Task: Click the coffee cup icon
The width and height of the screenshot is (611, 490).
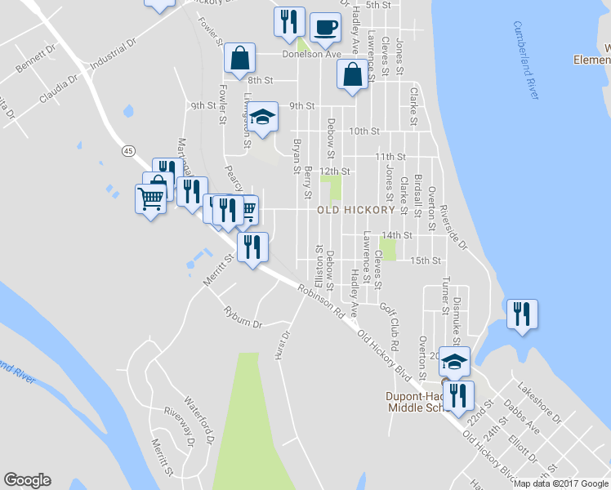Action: pyautogui.click(x=325, y=27)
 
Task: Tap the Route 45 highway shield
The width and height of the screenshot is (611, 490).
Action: pyautogui.click(x=128, y=150)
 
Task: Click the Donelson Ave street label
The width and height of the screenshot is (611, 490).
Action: pyautogui.click(x=311, y=55)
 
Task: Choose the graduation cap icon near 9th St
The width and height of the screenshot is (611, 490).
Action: pyautogui.click(x=263, y=118)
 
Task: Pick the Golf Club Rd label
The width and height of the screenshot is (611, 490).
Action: pyautogui.click(x=389, y=318)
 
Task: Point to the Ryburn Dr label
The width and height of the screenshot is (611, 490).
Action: pyautogui.click(x=243, y=318)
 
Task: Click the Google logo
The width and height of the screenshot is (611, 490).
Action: pyautogui.click(x=27, y=480)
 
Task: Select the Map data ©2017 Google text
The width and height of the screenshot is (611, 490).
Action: pyautogui.click(x=560, y=483)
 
